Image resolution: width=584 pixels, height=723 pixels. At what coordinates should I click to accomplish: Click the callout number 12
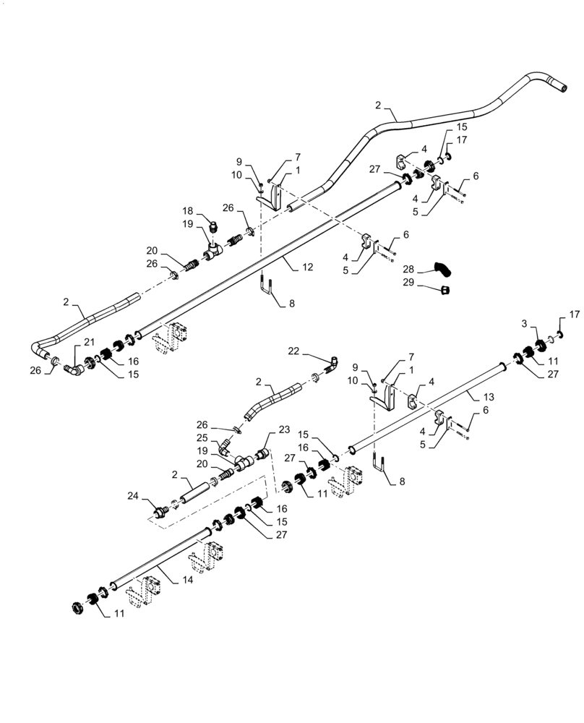click(307, 268)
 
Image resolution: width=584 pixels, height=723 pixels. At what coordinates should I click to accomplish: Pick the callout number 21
click(89, 341)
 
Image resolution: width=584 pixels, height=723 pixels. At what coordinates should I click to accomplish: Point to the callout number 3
click(523, 323)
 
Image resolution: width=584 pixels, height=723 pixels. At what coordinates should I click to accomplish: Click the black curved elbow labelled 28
click(443, 270)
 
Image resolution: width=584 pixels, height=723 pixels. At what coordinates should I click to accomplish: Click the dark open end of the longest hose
click(559, 87)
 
